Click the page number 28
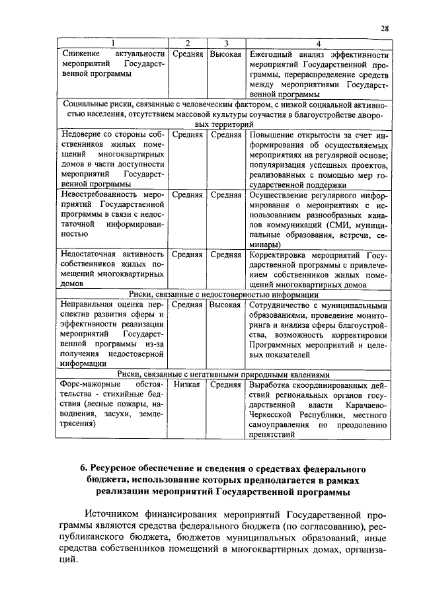pos(384,28)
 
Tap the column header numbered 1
pos(112,44)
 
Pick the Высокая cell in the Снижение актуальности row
pos(225,54)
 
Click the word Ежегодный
pos(272,54)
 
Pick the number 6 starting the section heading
pos(83,468)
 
